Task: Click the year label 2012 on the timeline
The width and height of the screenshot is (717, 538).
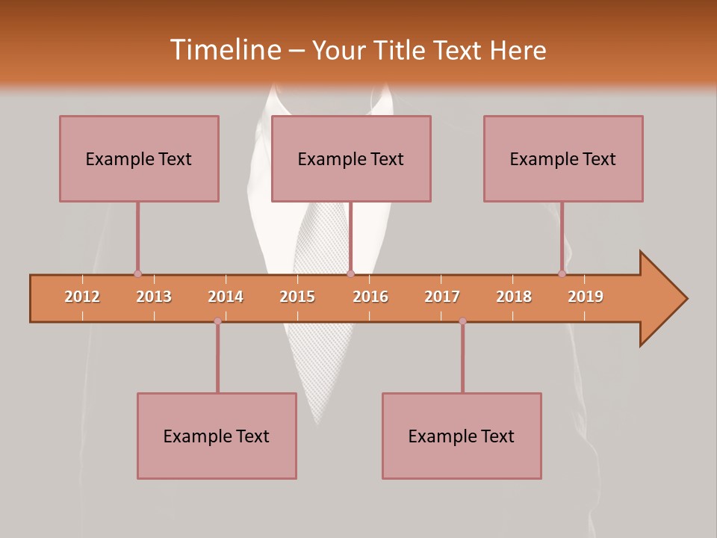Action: point(82,297)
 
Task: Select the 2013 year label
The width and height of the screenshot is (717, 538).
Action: point(154,297)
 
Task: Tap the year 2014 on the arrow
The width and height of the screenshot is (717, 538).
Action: point(226,297)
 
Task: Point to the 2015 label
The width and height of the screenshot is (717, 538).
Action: point(297,297)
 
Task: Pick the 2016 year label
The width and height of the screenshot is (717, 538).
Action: point(370,297)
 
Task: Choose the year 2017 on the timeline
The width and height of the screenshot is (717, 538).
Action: point(442,297)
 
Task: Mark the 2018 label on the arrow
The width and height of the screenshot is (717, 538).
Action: point(514,297)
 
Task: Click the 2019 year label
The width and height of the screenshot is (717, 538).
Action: point(586,297)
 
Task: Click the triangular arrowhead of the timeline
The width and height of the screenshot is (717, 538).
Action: point(662,299)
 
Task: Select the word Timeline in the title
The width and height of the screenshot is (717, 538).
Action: point(224,50)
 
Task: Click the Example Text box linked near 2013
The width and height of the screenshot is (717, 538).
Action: point(139,158)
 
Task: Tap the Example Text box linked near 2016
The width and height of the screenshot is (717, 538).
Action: point(351,158)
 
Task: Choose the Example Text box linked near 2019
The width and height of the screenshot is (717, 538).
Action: point(563,158)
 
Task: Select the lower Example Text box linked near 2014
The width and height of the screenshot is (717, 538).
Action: point(217,436)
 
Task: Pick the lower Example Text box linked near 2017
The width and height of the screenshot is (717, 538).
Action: point(462,436)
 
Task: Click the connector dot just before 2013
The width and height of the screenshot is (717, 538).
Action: point(137,273)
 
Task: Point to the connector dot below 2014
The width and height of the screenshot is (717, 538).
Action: point(217,321)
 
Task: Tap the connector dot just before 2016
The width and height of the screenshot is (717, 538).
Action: point(350,273)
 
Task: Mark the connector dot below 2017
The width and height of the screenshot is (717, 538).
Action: point(462,321)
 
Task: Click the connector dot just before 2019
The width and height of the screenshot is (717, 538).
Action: point(562,273)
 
